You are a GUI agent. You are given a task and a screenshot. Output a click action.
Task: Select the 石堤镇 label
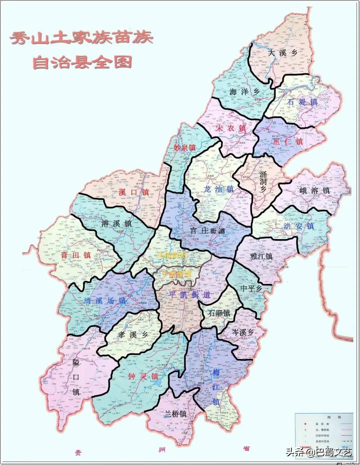[302, 102]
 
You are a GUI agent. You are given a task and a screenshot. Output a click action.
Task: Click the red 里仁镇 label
[287, 142]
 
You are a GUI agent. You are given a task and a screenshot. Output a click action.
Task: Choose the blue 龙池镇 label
[218, 190]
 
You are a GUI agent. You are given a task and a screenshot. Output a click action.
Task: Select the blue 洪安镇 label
[299, 226]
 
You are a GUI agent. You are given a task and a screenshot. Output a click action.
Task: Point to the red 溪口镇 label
[133, 192]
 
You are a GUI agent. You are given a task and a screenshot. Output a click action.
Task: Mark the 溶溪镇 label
[116, 223]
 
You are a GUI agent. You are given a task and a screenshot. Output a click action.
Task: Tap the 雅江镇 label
[261, 256]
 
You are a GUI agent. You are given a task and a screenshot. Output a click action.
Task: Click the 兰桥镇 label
[175, 414]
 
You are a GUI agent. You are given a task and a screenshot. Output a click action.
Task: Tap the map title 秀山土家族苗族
[81, 38]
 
